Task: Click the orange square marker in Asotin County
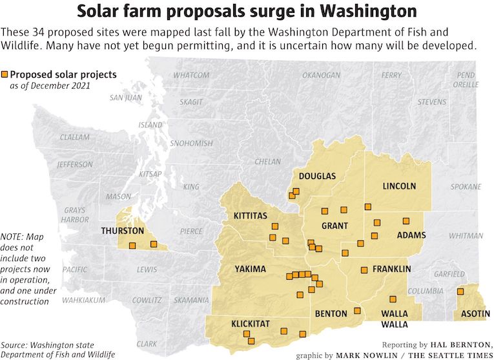(x=460, y=291)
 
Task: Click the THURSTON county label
(x=122, y=230)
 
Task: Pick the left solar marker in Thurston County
(x=132, y=246)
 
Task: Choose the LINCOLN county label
(x=399, y=186)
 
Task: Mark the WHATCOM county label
(x=191, y=76)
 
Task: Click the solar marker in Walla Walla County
(x=393, y=299)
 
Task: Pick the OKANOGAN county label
(x=321, y=76)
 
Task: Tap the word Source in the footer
(x=15, y=344)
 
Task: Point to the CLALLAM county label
(x=75, y=137)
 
